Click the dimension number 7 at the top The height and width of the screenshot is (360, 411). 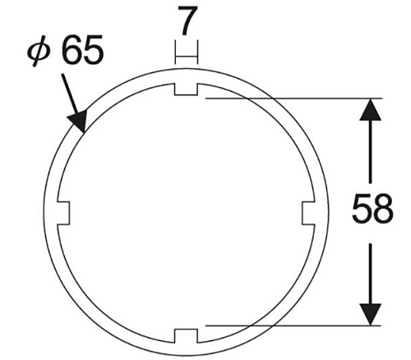pyautogui.click(x=187, y=21)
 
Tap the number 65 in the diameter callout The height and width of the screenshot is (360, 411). pyautogui.click(x=83, y=49)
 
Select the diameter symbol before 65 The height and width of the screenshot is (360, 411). pyautogui.click(x=40, y=51)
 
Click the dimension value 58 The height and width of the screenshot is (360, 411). pyautogui.click(x=372, y=208)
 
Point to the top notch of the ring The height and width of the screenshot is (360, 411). pyautogui.click(x=186, y=89)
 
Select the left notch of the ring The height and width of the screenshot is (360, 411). pyautogui.click(x=63, y=213)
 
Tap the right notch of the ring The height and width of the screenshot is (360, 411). pyautogui.click(x=308, y=213)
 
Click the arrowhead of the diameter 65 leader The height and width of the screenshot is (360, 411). pyautogui.click(x=79, y=121)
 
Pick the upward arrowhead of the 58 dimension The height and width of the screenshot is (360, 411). pyautogui.click(x=371, y=109)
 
